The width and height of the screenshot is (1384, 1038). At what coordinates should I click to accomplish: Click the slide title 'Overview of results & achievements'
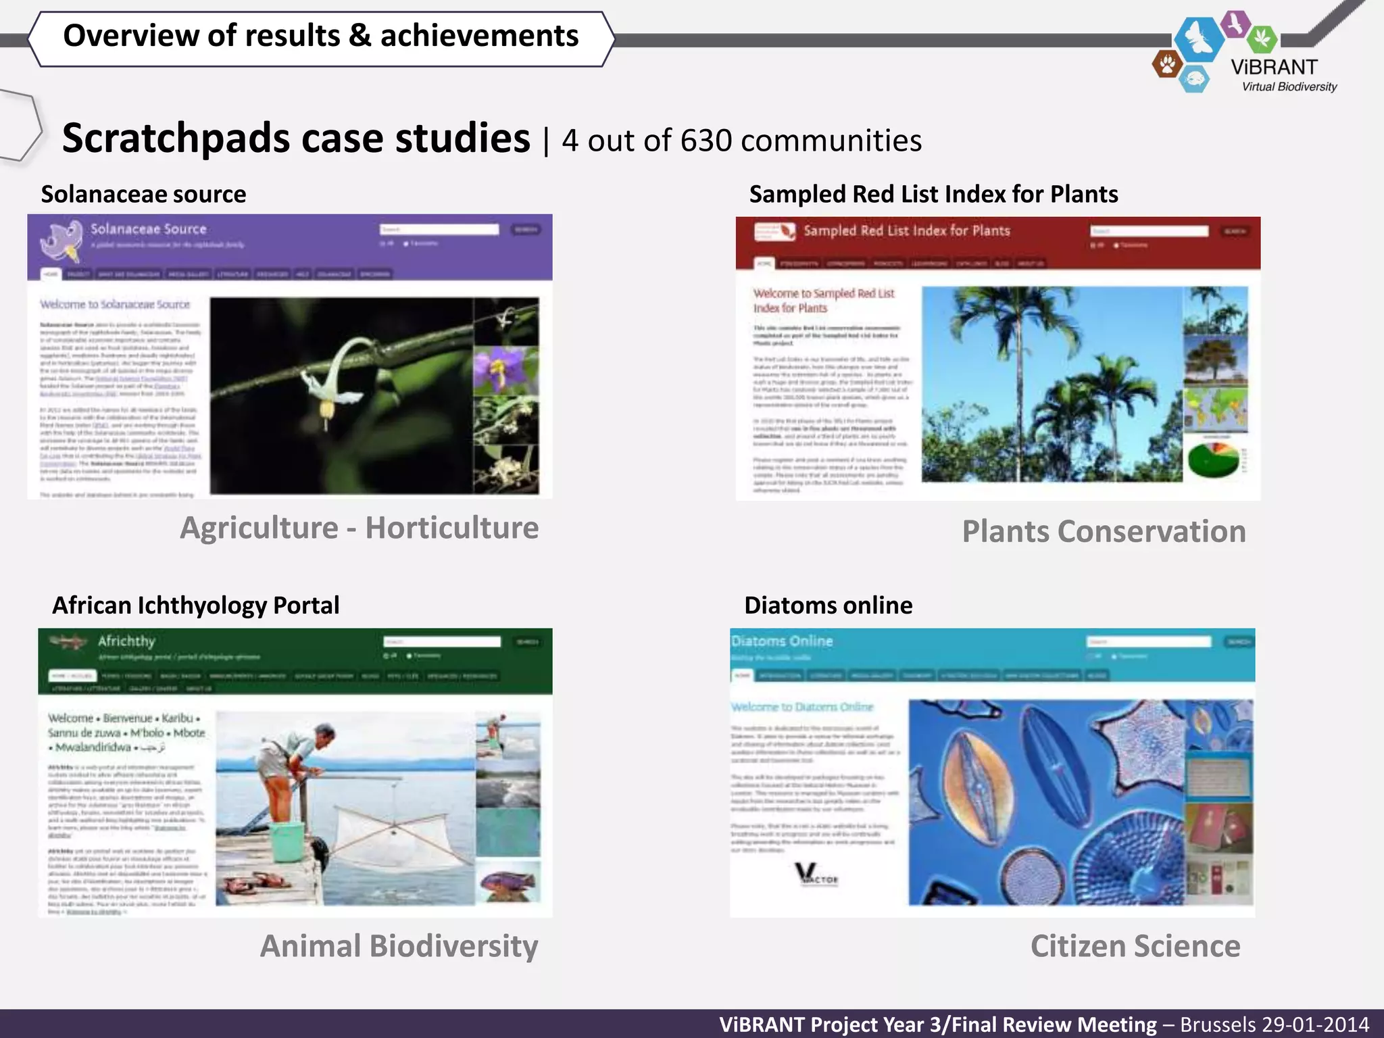[320, 36]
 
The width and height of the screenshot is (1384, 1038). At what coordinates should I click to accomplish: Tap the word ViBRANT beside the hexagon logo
[1274, 68]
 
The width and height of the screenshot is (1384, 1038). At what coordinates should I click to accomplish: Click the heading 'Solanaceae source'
[143, 195]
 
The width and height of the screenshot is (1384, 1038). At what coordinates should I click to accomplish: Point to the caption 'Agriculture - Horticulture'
[359, 528]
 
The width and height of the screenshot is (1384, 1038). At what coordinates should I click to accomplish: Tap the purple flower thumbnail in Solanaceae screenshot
[505, 370]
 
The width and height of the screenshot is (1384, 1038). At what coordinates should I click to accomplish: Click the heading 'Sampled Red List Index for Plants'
[933, 195]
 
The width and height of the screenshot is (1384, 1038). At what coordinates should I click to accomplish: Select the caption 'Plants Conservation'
[1104, 531]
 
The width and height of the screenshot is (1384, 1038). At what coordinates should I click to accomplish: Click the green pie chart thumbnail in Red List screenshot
[1213, 459]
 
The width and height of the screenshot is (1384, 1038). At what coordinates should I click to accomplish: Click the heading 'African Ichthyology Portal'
[195, 605]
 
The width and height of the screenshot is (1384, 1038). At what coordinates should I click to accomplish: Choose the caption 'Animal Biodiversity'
[399, 946]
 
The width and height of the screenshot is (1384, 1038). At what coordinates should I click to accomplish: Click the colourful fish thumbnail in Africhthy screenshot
[508, 882]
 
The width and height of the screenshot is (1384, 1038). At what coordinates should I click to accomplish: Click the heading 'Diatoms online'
[828, 605]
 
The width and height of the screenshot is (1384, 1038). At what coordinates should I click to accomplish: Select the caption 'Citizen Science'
[1135, 946]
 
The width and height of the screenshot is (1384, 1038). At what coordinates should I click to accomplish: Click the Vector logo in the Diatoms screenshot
[816, 874]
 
